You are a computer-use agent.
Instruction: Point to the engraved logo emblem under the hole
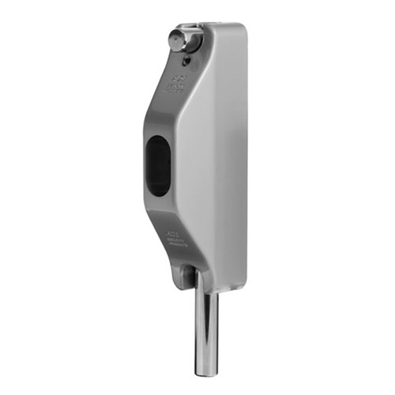point(176,79)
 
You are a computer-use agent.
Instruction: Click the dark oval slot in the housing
point(160,165)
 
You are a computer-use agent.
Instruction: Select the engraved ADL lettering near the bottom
point(174,235)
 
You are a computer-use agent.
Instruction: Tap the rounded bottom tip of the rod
point(204,372)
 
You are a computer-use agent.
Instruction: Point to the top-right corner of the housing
point(244,28)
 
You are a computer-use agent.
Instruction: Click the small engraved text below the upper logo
point(176,89)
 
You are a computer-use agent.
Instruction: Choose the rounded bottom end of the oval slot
point(160,191)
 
